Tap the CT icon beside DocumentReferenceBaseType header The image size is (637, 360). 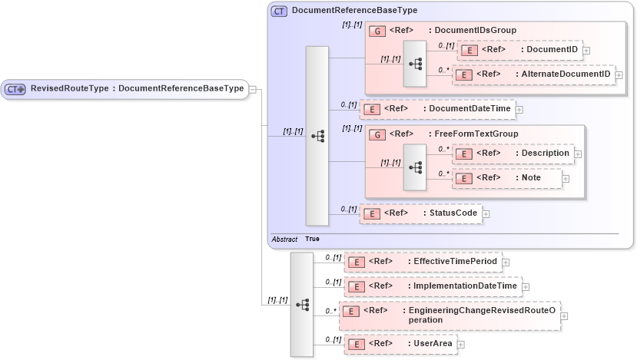[x=280, y=11]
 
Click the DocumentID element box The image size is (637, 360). [x=519, y=50]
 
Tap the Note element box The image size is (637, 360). [x=507, y=178]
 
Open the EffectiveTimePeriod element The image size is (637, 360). [x=423, y=262]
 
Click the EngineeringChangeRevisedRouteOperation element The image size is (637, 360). [x=449, y=315]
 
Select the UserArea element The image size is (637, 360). [x=400, y=345]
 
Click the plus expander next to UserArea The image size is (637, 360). [x=461, y=345]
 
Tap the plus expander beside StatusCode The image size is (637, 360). [x=486, y=214]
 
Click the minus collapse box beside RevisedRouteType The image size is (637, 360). [x=254, y=89]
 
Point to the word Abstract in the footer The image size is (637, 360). [x=284, y=239]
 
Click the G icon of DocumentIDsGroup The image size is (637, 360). [x=377, y=31]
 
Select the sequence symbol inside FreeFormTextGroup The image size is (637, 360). [x=414, y=167]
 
